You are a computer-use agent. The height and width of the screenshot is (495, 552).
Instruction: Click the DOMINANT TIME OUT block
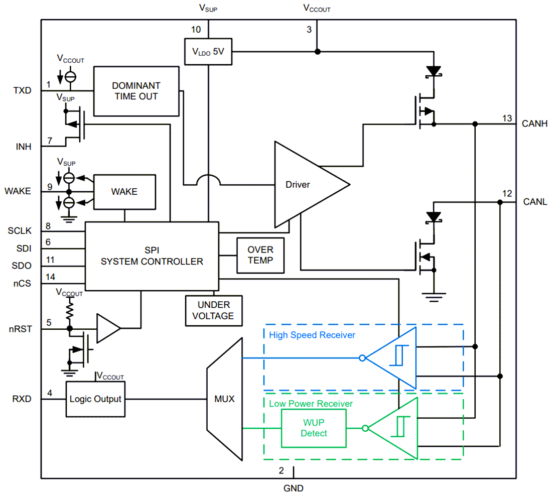[x=136, y=91]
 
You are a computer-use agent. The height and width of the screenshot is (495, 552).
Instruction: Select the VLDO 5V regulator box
[x=208, y=51]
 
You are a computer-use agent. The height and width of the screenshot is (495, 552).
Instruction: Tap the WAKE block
[x=124, y=191]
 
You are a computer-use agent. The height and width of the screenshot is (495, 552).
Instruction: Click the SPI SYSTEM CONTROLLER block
[x=152, y=256]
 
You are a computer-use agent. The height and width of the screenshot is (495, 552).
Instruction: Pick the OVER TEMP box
[x=260, y=255]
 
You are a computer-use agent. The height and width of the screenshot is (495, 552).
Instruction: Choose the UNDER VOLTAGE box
[x=214, y=310]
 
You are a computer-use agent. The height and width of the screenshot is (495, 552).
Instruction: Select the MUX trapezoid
[x=225, y=400]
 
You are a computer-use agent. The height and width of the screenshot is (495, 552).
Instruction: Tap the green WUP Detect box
[x=314, y=428]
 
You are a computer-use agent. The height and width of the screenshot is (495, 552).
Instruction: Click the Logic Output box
[x=95, y=399]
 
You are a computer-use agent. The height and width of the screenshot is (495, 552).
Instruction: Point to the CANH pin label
[x=535, y=123]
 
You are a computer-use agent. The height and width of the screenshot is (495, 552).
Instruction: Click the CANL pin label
[x=535, y=202]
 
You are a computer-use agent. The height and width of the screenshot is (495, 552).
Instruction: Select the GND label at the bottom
[x=293, y=487]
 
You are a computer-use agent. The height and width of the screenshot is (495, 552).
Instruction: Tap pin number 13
[x=507, y=118]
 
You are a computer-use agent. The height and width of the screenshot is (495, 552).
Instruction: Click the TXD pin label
[x=22, y=91]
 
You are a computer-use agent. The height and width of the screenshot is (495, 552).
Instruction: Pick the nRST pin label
[x=21, y=329]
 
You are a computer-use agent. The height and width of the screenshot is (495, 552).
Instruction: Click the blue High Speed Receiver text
[x=312, y=335]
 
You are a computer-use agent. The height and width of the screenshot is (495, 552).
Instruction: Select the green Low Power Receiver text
[x=311, y=404]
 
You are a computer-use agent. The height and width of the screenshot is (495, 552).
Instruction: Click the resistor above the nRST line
[x=70, y=307]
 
